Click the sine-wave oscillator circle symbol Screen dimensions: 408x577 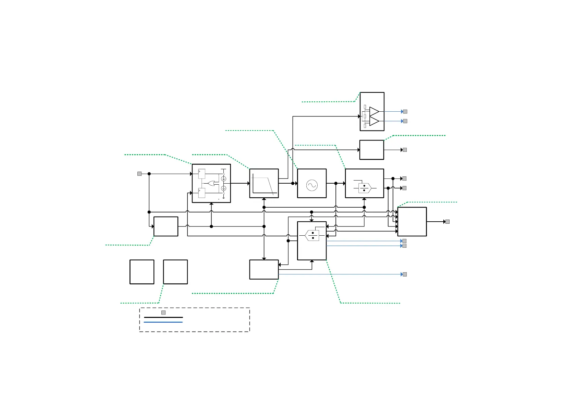click(x=312, y=185)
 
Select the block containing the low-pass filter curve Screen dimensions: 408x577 click(x=264, y=183)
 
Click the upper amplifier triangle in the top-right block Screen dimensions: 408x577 click(x=374, y=112)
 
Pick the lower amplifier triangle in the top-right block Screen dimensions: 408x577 click(x=374, y=121)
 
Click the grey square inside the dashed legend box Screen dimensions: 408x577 click(x=163, y=312)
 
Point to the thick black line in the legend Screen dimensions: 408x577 click(x=163, y=318)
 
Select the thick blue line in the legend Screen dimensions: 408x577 click(x=163, y=322)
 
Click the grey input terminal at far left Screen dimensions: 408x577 click(x=139, y=174)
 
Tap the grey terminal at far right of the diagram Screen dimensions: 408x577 click(x=447, y=222)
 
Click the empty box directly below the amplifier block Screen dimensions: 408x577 click(x=372, y=150)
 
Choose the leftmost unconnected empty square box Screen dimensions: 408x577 click(x=142, y=272)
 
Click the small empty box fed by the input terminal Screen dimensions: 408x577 click(x=166, y=226)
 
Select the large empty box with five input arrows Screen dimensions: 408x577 click(x=412, y=222)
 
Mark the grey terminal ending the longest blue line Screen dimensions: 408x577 click(x=405, y=274)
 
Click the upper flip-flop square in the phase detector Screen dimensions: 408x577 click(x=202, y=174)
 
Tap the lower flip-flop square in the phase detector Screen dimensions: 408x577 click(x=202, y=193)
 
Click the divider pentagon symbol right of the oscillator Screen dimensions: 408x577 click(x=365, y=188)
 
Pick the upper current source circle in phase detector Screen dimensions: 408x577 click(x=224, y=179)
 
